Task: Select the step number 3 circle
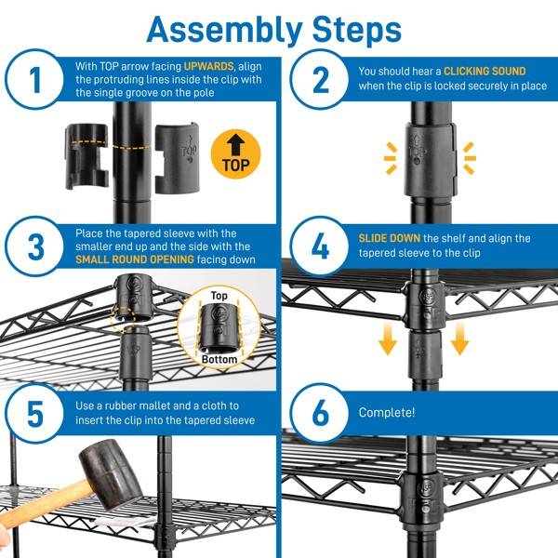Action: pos(35,247)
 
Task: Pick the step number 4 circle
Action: pos(321,247)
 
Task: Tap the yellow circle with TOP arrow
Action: pos(236,153)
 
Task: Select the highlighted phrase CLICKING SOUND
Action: pos(484,71)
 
